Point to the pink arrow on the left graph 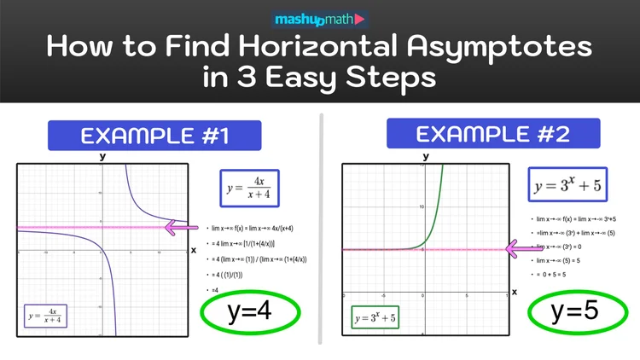tap(182, 228)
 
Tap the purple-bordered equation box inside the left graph tap(48, 317)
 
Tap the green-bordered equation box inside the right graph tap(375, 318)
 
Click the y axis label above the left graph tap(103, 156)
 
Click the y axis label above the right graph tap(424, 155)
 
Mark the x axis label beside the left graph tap(194, 250)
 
